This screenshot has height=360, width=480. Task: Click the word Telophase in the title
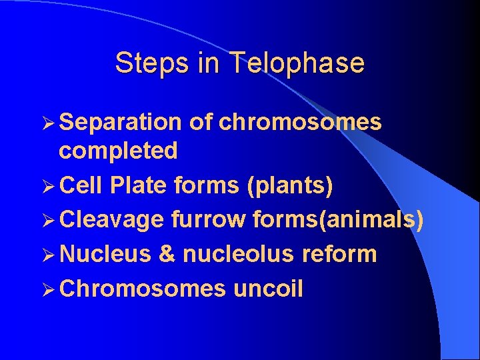(x=297, y=63)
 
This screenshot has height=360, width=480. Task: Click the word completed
(x=118, y=151)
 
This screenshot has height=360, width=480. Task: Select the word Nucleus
(x=105, y=254)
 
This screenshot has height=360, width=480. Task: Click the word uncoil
(x=268, y=289)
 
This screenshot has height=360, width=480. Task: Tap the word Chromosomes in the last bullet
(x=143, y=289)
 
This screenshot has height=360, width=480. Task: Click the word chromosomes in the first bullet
(x=300, y=122)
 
